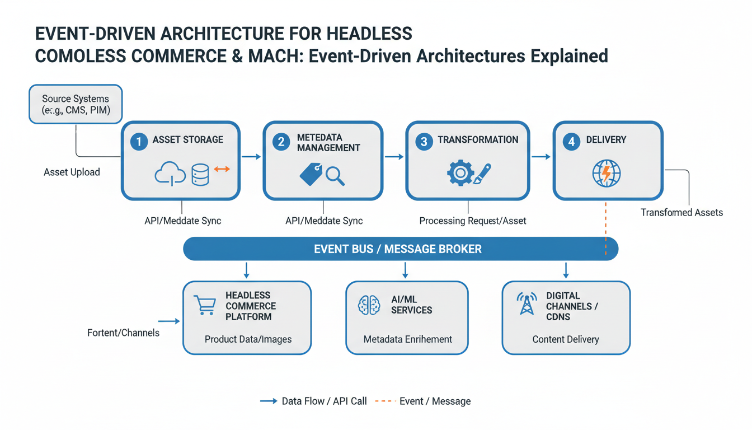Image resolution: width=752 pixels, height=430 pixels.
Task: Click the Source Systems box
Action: pos(76,104)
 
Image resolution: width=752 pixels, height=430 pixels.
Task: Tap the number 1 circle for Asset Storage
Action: pos(139,142)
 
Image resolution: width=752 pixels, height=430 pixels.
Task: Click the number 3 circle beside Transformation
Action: pos(424,142)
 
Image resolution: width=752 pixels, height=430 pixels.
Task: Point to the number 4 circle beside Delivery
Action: pos(571,142)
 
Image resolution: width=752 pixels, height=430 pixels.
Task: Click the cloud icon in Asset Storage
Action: pos(170,175)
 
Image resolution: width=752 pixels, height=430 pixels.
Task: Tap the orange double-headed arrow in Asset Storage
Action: pos(222,169)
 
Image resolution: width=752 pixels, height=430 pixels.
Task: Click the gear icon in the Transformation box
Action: pos(460,174)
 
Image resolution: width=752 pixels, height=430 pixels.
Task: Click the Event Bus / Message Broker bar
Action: pos(400,249)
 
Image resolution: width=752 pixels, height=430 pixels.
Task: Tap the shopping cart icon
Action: pos(204,305)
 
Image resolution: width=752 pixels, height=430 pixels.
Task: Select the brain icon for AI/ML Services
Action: pos(369,305)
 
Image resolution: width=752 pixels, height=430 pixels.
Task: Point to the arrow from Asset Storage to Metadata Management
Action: pos(251,157)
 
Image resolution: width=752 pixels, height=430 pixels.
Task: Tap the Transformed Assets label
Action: pos(681,212)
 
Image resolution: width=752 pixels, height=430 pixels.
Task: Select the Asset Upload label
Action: pos(72,172)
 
